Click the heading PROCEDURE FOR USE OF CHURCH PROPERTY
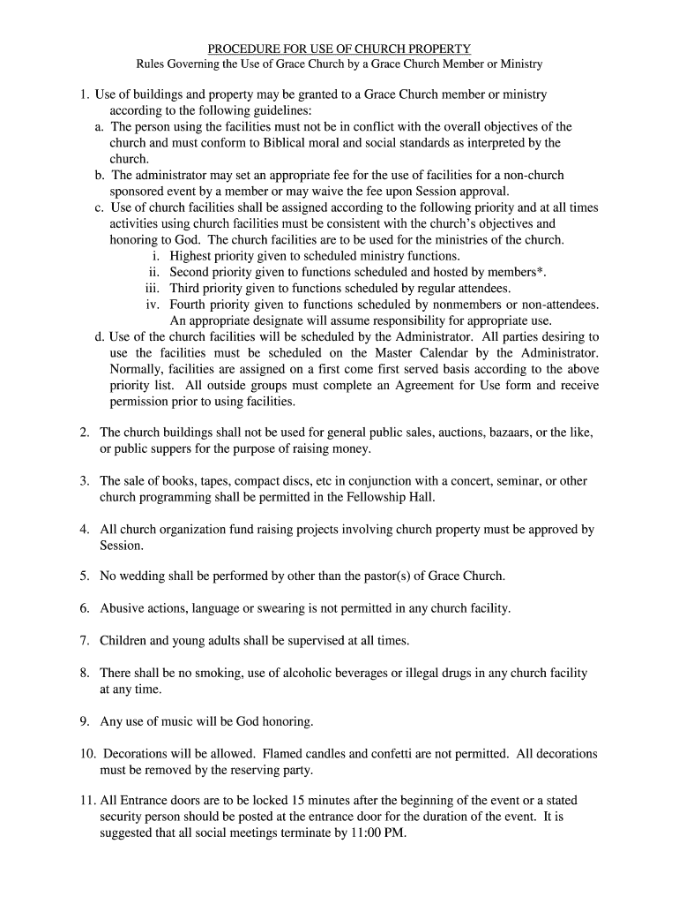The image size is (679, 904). (x=339, y=49)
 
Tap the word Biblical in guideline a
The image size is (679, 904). (x=286, y=143)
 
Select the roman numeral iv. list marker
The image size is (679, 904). (x=153, y=305)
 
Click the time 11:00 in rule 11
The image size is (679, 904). (x=367, y=833)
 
